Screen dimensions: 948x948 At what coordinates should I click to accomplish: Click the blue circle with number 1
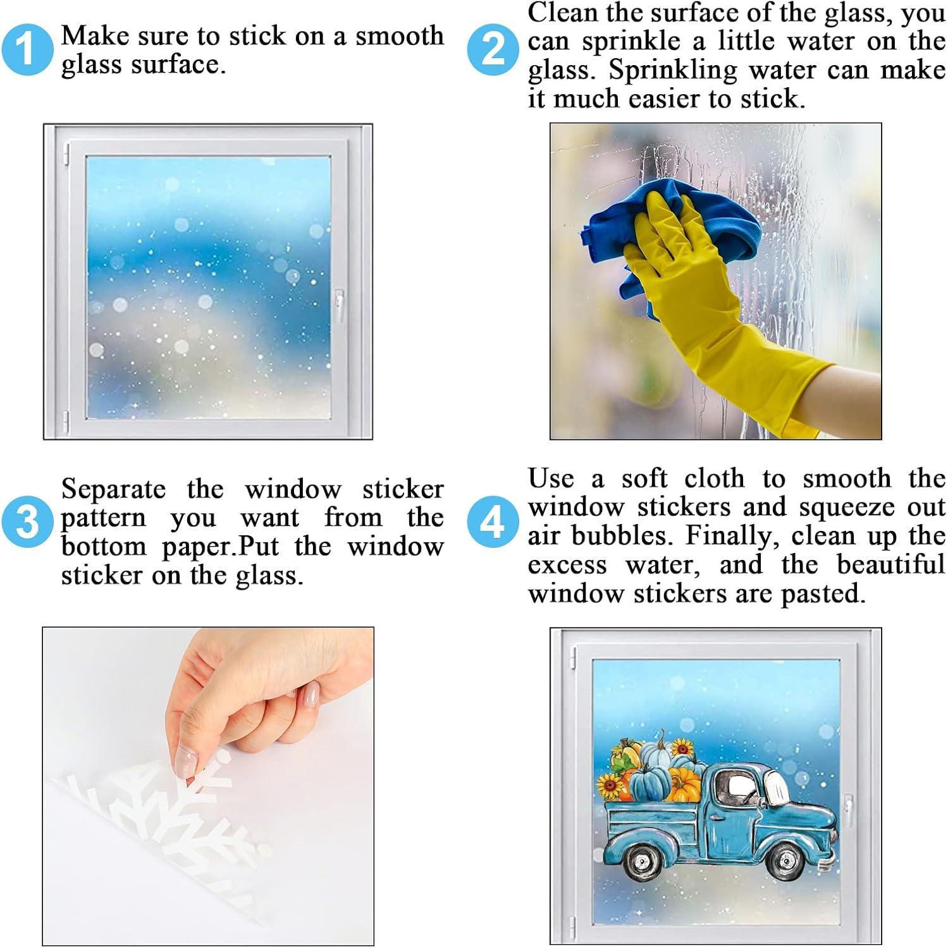27,50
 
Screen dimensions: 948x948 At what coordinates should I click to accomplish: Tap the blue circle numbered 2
493,50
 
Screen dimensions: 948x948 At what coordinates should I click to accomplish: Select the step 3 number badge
27,521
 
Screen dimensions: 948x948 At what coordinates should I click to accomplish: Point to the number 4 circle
493,521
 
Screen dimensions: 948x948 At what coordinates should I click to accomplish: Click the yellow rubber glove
708,303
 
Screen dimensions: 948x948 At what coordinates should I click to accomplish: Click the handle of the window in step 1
340,306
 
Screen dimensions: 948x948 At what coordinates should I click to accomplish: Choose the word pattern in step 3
103,519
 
